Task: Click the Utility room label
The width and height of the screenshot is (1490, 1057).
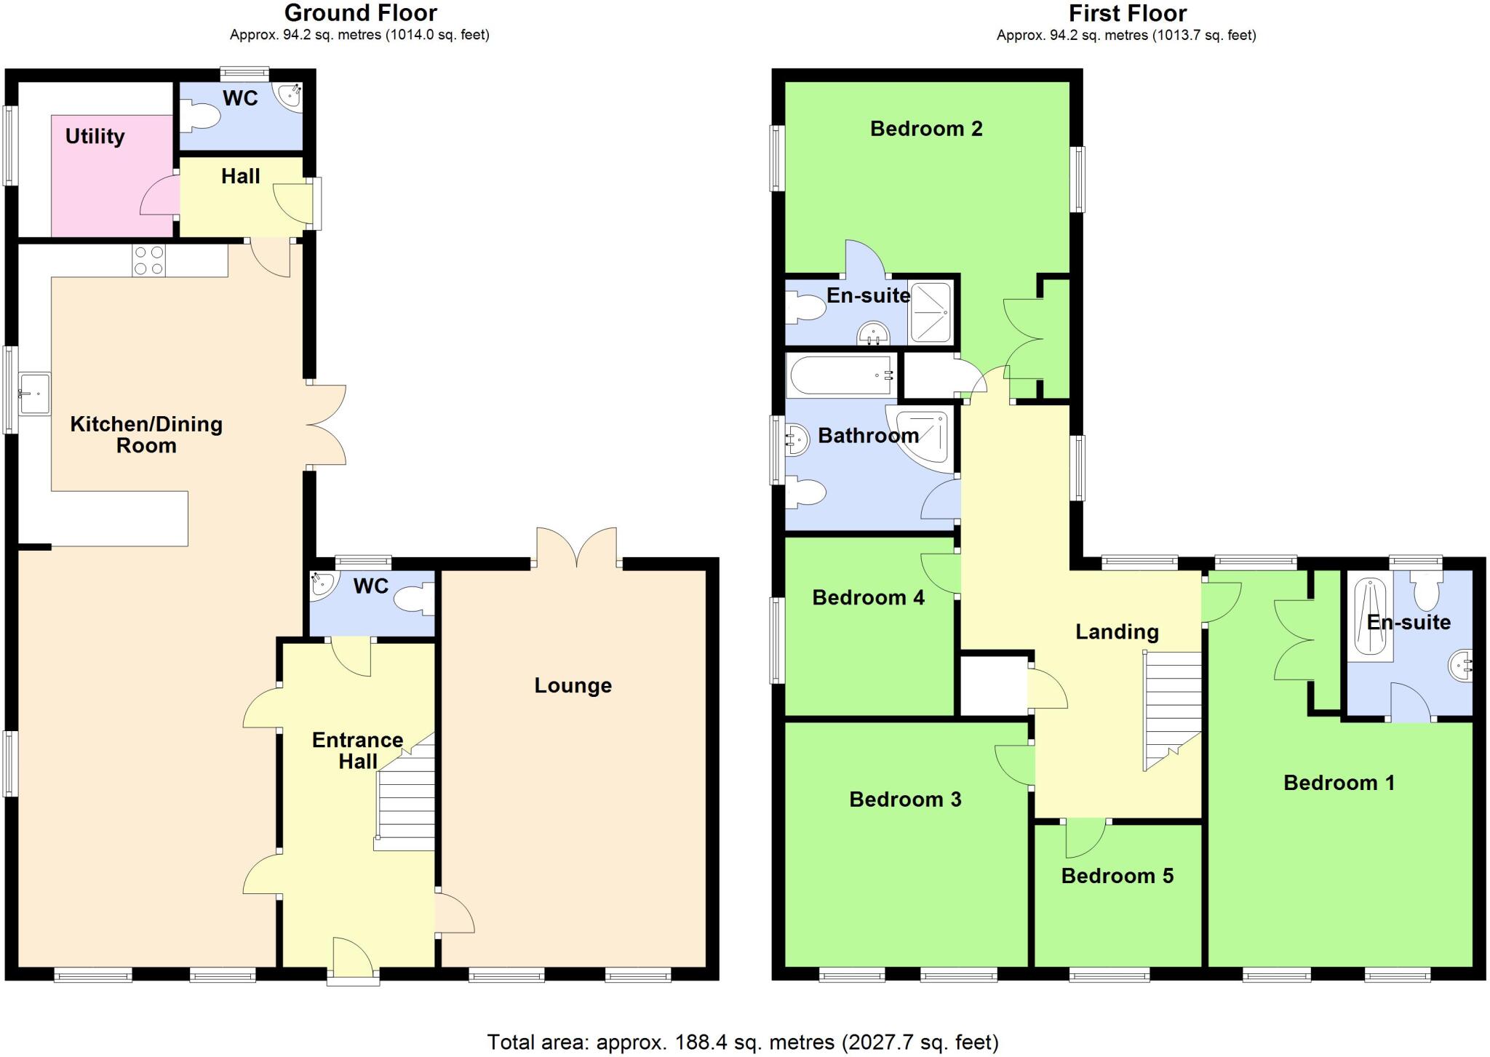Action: tap(95, 137)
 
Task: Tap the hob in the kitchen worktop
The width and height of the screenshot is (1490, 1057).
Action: tap(148, 260)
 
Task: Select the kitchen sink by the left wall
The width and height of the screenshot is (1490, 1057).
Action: tap(34, 394)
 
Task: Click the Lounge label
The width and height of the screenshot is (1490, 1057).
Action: tap(573, 685)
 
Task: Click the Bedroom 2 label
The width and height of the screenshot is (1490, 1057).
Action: tap(925, 129)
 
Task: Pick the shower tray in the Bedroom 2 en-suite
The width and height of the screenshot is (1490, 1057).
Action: tap(931, 311)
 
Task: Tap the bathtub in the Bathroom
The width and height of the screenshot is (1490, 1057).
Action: tap(840, 375)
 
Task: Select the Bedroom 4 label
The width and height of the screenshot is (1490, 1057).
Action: tap(867, 598)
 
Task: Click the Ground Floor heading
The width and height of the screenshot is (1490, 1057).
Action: tap(360, 13)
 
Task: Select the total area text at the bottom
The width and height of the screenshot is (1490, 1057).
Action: tap(742, 1042)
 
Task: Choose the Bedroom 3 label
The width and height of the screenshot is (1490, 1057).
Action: tap(904, 799)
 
